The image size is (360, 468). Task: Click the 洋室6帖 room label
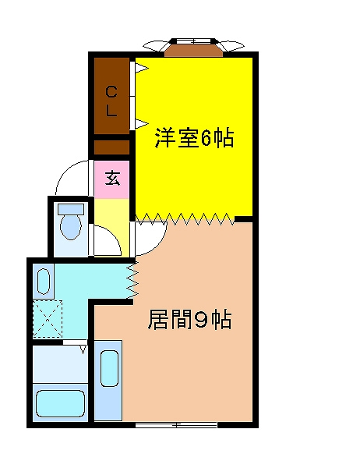pos(194,139)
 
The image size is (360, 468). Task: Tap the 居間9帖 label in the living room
pos(189,320)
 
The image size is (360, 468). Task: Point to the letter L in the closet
pos(112,111)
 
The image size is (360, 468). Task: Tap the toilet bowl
pos(71,228)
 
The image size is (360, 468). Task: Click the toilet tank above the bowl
pos(71,210)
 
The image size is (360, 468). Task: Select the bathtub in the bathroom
pos(60,403)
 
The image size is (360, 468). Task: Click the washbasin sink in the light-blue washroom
pos(44,280)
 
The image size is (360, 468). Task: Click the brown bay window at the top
pos(192,49)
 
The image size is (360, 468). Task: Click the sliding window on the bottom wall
pos(176,424)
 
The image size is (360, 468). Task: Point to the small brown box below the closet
pos(111,147)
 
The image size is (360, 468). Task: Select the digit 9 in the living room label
pos(199,320)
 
